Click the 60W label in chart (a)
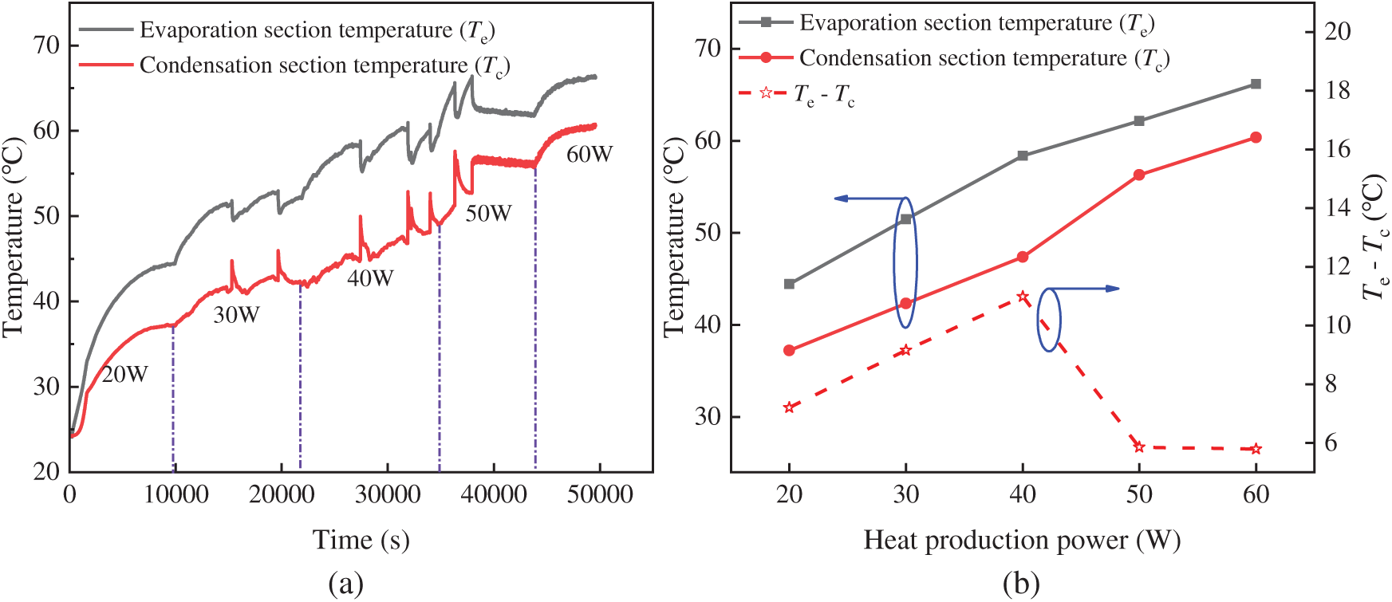tap(590, 155)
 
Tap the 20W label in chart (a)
tap(125, 374)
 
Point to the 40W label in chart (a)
tap(370, 278)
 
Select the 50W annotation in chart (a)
tap(488, 214)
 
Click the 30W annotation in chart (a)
tap(236, 315)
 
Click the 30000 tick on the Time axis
tap(388, 494)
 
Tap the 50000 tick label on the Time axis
tap(599, 494)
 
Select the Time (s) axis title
tap(361, 540)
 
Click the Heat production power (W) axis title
tap(1022, 541)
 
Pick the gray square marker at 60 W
tap(1256, 84)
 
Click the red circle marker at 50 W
tap(1139, 175)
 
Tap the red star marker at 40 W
tap(1023, 297)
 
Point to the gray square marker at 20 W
tap(790, 284)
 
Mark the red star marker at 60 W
tap(1256, 449)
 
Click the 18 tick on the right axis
tap(1338, 90)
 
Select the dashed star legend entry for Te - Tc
tap(798, 94)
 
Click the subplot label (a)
tap(345, 584)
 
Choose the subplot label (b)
tap(1021, 584)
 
